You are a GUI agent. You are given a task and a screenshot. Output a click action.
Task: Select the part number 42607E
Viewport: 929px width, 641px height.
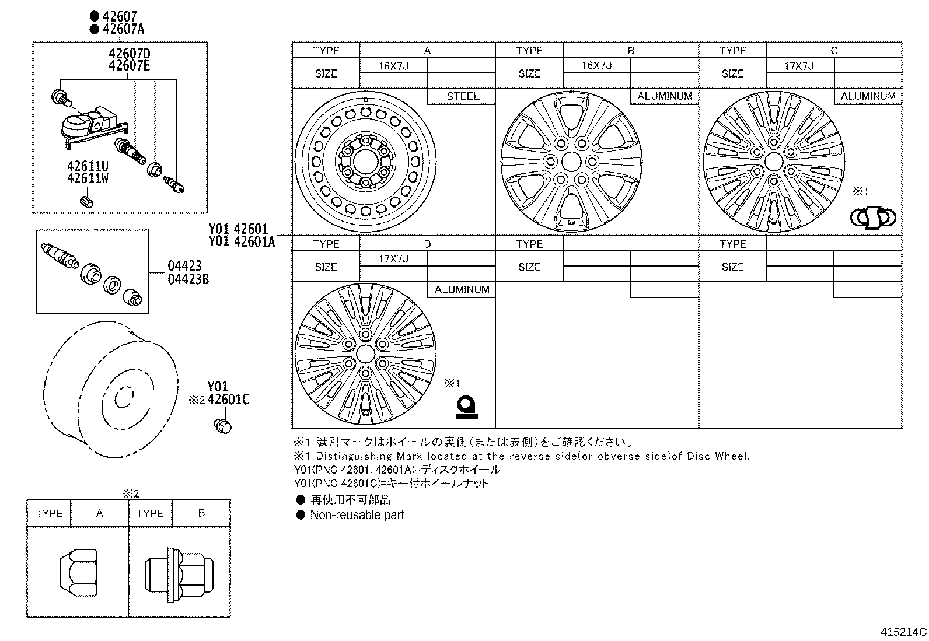coord(129,65)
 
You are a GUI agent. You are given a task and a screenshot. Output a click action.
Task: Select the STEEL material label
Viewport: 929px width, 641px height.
coord(462,96)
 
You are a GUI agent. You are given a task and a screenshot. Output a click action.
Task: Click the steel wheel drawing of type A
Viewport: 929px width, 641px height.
coord(365,162)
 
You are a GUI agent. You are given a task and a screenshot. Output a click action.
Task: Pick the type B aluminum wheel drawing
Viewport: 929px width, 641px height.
coord(571,162)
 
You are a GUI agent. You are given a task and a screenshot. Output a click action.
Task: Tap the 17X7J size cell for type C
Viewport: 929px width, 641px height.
coord(799,66)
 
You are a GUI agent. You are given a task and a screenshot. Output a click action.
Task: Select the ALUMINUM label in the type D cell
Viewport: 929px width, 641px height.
coord(462,290)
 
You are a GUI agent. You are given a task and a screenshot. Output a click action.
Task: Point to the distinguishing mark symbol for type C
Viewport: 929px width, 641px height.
coord(873,218)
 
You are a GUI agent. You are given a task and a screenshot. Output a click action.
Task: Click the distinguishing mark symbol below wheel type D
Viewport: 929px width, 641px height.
coord(466,407)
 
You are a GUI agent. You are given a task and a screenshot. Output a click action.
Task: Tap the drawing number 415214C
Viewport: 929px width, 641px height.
coord(903,632)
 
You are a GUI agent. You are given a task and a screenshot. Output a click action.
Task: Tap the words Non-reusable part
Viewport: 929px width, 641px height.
coord(357,515)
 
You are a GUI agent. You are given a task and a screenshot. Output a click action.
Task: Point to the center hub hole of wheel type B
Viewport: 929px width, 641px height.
coord(571,162)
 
